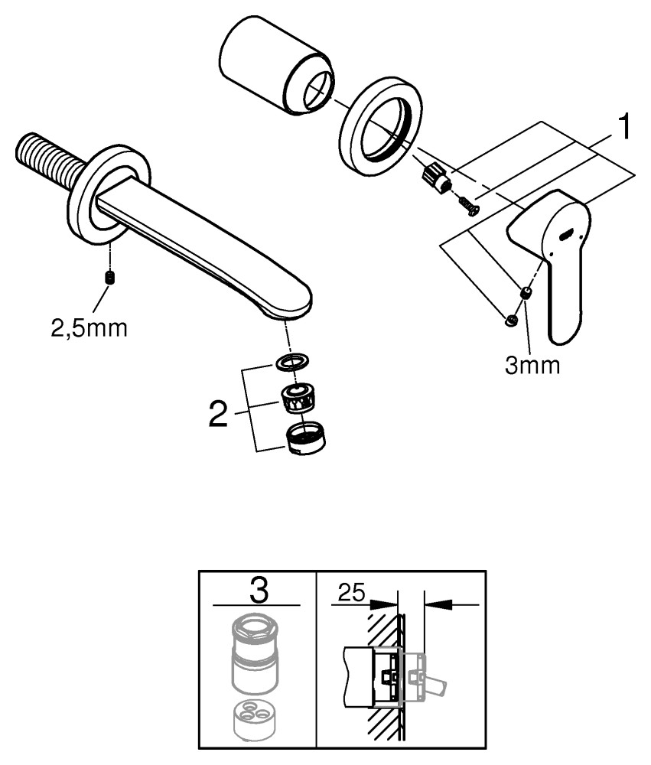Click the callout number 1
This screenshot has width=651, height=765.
tap(624, 128)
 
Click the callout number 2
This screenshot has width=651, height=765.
tap(219, 416)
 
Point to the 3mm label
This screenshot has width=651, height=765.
tap(532, 365)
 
